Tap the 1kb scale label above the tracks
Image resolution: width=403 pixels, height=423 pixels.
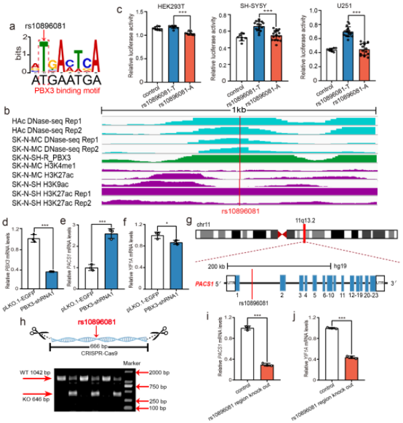(x=240, y=110)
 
